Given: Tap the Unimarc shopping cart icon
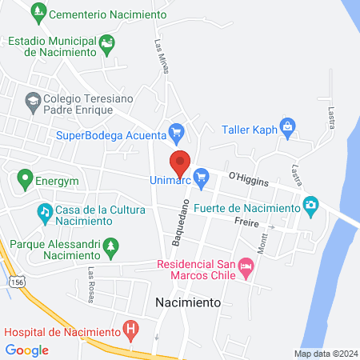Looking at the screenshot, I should click(x=201, y=174).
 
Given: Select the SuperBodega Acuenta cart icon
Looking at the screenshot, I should click(x=177, y=131).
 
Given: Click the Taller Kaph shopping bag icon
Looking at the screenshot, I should click(x=288, y=125).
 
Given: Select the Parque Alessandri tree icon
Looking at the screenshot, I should click(x=111, y=245).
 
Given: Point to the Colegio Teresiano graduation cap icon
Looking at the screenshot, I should click(x=32, y=100).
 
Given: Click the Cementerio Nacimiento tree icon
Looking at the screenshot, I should click(x=37, y=14).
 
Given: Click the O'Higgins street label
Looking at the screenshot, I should click(x=246, y=175).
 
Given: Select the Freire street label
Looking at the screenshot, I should click(x=246, y=222).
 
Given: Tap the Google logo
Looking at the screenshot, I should click(x=27, y=350).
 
